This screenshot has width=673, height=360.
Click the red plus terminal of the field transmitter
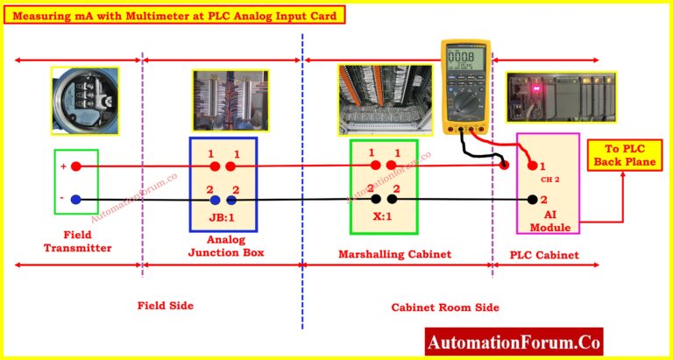pyautogui.click(x=76, y=166)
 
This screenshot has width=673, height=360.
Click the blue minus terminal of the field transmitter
pyautogui.click(x=76, y=200)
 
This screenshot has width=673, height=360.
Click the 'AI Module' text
pyautogui.click(x=549, y=221)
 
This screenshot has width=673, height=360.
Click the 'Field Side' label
pyautogui.click(x=165, y=306)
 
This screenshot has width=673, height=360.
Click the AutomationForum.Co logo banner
pyautogui.click(x=514, y=342)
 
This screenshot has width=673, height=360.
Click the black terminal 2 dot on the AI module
pyautogui.click(x=532, y=200)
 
